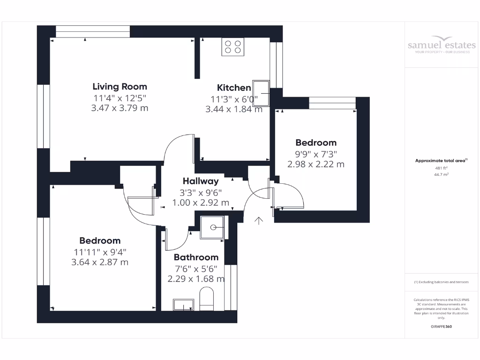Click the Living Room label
point(120,86)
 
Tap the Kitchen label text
point(234,88)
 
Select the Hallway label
point(201,181)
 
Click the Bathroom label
point(196,257)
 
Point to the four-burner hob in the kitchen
point(233,47)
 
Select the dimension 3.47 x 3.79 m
point(120,108)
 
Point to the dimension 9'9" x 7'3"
point(315,154)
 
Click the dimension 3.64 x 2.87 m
point(99,262)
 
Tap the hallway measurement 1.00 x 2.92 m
point(201,202)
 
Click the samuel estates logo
point(442,45)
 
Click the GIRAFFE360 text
point(441,326)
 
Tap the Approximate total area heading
point(441,160)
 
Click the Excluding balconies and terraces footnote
point(441,282)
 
